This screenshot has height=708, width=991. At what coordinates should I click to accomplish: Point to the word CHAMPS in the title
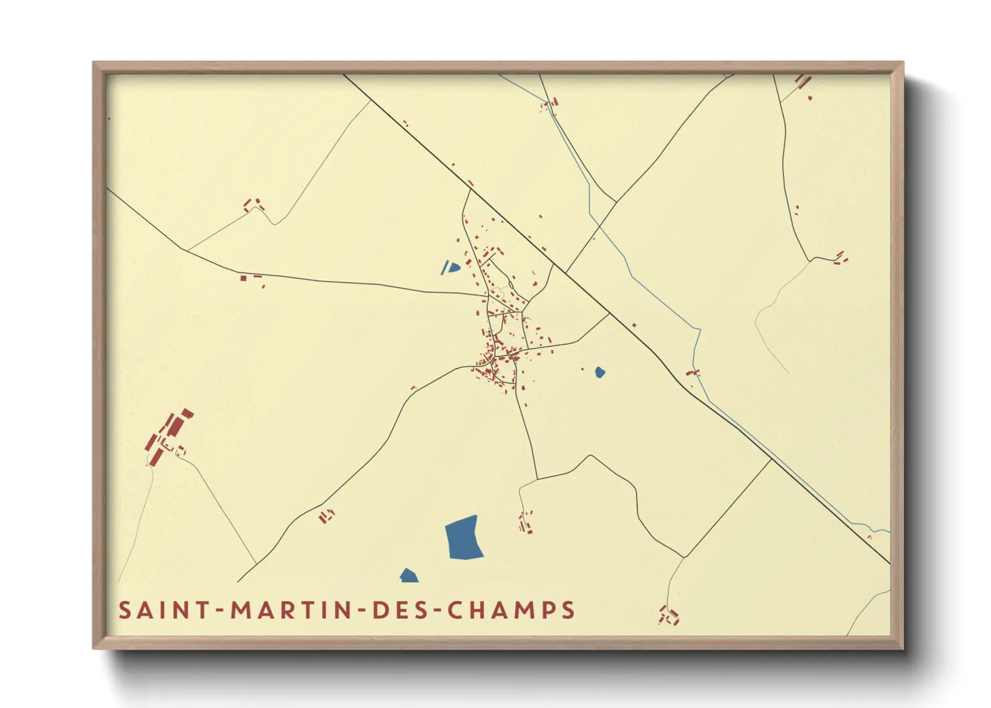coord(510,610)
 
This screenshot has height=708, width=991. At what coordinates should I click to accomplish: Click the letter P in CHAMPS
coord(550,610)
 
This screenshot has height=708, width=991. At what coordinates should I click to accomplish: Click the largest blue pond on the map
coord(463,537)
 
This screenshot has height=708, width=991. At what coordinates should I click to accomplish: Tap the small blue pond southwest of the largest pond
coord(408,576)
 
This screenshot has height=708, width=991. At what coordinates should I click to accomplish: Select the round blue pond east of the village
coord(600,372)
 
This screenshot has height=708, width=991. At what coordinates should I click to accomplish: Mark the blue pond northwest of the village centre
coord(451,268)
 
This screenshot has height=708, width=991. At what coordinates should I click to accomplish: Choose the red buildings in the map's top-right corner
coord(803,82)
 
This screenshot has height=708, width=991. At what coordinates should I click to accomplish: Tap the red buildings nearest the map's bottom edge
coord(669,616)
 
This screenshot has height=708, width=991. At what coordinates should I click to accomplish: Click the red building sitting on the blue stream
coord(692,372)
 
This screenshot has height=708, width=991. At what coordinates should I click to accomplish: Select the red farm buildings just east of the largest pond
coord(526,523)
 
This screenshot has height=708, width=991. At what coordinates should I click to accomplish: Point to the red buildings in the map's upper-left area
coord(252,204)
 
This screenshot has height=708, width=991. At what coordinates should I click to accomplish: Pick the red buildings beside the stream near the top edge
coord(551,103)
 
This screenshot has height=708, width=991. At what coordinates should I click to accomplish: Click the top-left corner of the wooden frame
coord(94,64)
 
